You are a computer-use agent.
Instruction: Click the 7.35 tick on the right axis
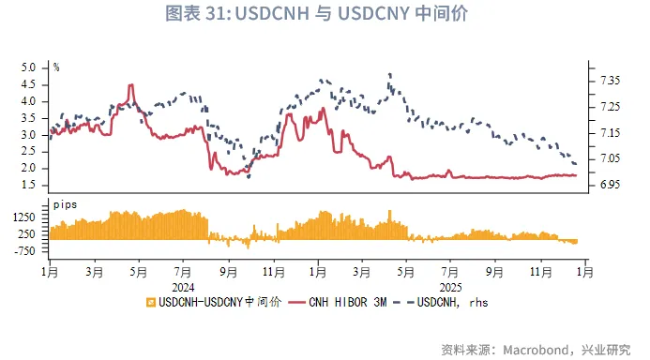610,82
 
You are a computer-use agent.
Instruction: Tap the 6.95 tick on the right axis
610,185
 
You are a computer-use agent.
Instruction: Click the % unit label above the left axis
56,67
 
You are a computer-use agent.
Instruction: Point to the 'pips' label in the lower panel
65,204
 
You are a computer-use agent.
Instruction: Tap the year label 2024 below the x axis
182,287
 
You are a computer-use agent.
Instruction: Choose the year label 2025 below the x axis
450,287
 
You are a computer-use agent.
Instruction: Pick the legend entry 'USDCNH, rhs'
452,303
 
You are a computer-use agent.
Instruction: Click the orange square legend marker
150,303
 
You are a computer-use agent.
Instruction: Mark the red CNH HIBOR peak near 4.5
130,85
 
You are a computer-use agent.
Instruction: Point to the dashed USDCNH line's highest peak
388,74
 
